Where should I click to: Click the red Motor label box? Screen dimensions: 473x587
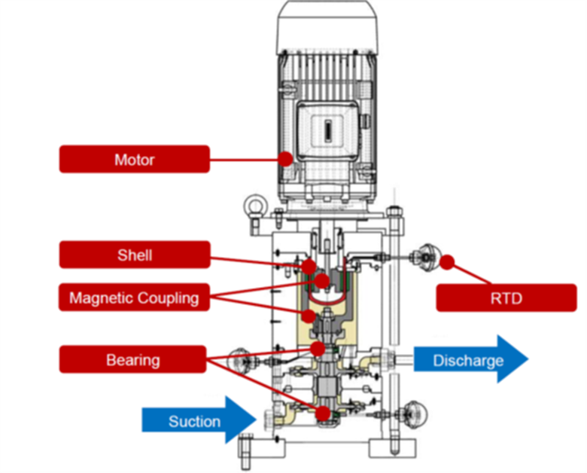[x=134, y=159]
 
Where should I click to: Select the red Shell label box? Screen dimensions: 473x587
[x=134, y=255]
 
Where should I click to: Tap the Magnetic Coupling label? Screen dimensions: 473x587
[x=134, y=298]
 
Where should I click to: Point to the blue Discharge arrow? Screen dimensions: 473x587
[x=470, y=360]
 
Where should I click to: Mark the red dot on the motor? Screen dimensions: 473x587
[x=285, y=158]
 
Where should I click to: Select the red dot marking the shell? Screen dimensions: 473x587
[x=309, y=265]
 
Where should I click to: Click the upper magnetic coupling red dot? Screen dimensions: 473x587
[x=322, y=281]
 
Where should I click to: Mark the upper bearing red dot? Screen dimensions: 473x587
[x=318, y=347]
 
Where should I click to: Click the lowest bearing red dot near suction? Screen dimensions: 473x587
[x=323, y=413]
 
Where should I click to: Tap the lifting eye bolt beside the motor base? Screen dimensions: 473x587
[x=251, y=204]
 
